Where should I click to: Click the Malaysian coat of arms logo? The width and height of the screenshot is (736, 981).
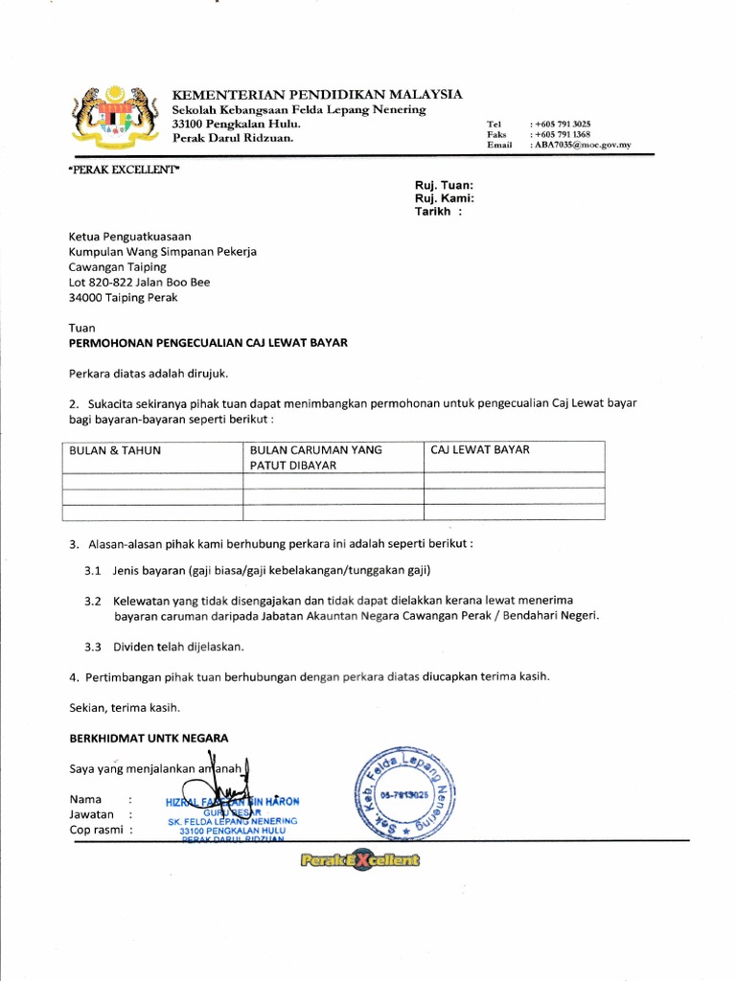(x=116, y=120)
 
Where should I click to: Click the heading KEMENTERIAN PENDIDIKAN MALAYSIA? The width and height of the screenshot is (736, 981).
(x=316, y=94)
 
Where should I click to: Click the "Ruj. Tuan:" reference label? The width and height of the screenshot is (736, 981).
(x=443, y=185)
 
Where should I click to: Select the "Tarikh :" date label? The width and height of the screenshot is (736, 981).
(x=437, y=212)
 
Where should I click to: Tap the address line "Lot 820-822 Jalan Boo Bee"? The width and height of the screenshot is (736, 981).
(x=139, y=283)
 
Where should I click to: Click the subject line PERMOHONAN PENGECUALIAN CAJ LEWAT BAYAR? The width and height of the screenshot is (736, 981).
(x=208, y=342)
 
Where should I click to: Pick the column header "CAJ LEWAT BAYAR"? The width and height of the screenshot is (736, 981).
(x=480, y=449)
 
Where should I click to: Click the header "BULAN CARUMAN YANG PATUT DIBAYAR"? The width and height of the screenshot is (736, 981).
(x=316, y=457)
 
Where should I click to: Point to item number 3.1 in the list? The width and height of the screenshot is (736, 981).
(x=93, y=571)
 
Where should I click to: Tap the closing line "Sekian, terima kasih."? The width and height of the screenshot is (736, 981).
(x=124, y=708)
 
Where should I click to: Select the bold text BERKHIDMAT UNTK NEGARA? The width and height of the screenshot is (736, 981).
(x=149, y=738)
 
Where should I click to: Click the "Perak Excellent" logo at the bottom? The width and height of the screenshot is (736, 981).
(x=358, y=861)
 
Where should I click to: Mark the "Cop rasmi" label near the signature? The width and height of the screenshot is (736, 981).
(x=96, y=830)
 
